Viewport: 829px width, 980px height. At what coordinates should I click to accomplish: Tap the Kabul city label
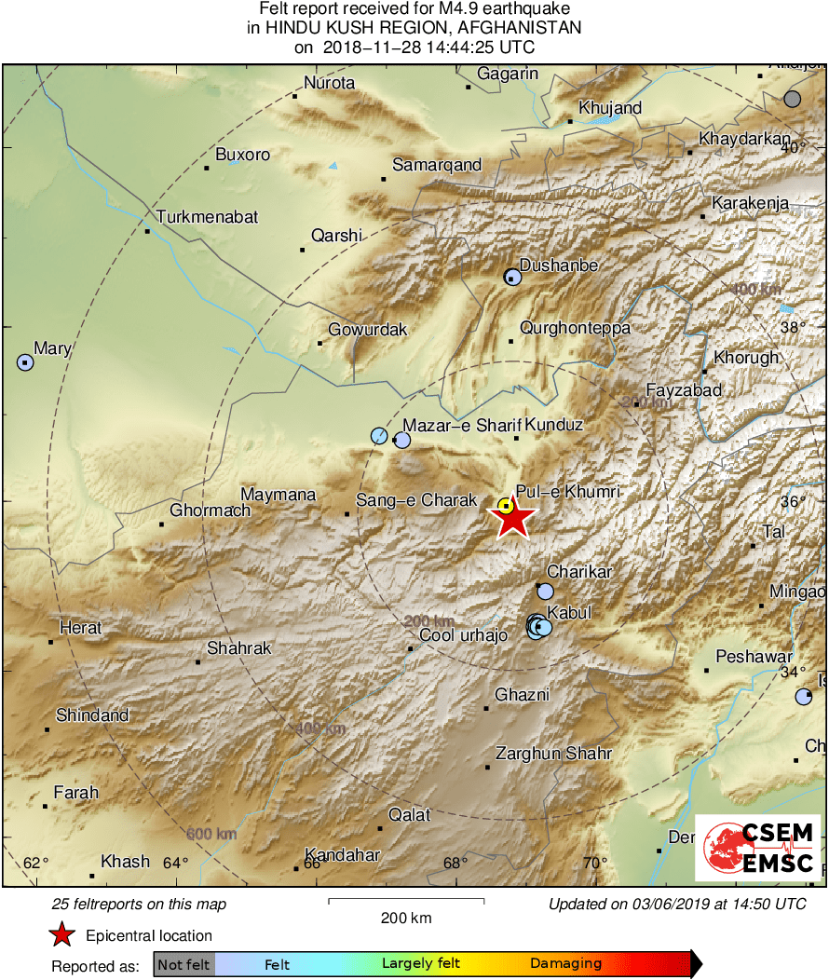point(568,612)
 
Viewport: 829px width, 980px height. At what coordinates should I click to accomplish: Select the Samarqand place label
point(437,165)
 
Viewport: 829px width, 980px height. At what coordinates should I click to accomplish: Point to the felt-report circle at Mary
point(25,362)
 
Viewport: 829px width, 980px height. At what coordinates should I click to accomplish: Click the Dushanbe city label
point(559,265)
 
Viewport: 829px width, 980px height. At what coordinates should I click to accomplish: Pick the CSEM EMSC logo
point(757,848)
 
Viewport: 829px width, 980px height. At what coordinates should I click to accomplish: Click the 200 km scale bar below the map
point(406,901)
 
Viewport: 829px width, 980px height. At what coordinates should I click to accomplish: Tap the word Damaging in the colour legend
point(565,964)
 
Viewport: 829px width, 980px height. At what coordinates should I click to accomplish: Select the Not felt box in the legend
point(183,964)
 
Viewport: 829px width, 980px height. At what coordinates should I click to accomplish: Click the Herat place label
point(80,628)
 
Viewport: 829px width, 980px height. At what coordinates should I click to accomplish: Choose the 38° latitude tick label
point(793,327)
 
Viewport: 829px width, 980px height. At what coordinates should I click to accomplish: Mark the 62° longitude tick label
point(36,862)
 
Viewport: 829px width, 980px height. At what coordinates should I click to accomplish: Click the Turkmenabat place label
point(207,217)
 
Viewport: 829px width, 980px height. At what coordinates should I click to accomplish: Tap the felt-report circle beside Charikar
point(545,592)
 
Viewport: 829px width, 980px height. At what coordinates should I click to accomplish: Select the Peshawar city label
point(754,657)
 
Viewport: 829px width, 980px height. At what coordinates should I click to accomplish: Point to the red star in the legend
point(61,934)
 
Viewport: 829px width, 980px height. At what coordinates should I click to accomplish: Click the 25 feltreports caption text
point(139,904)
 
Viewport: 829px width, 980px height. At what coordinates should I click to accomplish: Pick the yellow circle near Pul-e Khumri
point(505,506)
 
